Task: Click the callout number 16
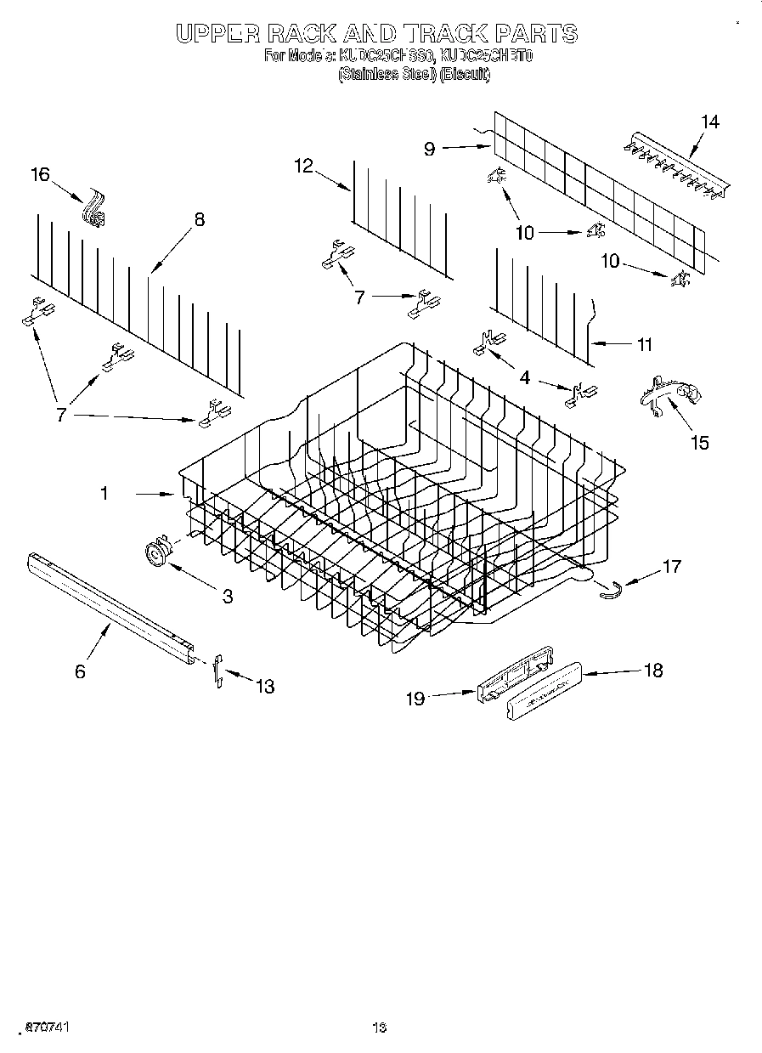[x=40, y=174]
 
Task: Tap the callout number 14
[x=710, y=122]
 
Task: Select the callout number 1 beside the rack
[x=104, y=492]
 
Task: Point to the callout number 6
[x=80, y=671]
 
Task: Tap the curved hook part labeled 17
[x=612, y=589]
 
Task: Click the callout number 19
[x=415, y=698]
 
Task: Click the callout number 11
[x=644, y=344]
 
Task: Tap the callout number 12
[x=304, y=167]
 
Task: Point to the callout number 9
[x=430, y=149]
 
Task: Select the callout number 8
[x=199, y=219]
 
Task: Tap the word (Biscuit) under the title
[x=464, y=74]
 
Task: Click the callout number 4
[x=526, y=377]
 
